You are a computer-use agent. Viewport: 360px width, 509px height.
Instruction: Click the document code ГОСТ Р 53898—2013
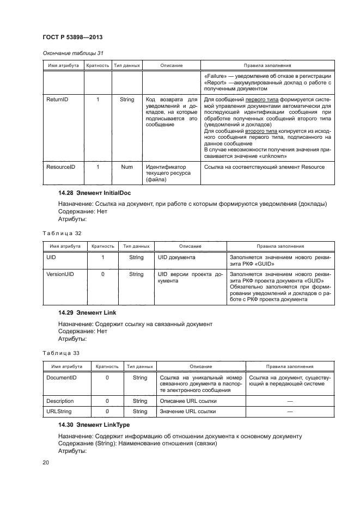72,38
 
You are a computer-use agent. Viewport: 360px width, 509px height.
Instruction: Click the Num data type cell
127,167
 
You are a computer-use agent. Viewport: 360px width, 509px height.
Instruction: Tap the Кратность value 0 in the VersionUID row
103,274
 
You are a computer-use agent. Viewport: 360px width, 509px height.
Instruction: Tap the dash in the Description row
289,401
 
